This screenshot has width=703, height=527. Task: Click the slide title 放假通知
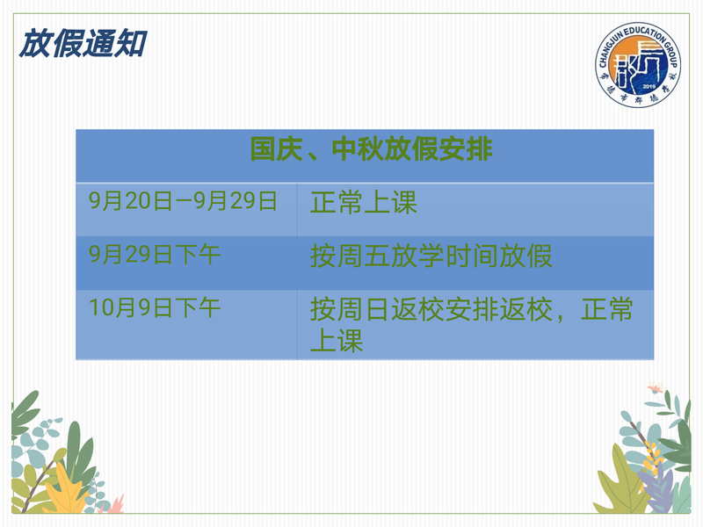pyautogui.click(x=83, y=43)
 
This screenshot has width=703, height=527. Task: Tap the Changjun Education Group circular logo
pyautogui.click(x=638, y=64)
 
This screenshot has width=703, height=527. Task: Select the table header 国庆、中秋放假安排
pyautogui.click(x=371, y=149)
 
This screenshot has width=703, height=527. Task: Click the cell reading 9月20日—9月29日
pyautogui.click(x=183, y=201)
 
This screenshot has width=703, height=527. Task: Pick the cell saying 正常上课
pyautogui.click(x=364, y=203)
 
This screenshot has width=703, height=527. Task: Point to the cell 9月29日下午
pyautogui.click(x=155, y=254)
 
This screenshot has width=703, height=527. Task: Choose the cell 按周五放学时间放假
pyautogui.click(x=431, y=256)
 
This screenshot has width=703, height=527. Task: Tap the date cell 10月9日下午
pyautogui.click(x=155, y=307)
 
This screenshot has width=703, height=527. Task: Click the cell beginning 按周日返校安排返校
pyautogui.click(x=471, y=324)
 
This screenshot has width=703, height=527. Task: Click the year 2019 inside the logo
pyautogui.click(x=649, y=86)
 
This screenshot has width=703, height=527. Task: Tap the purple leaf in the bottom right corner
pyautogui.click(x=656, y=488)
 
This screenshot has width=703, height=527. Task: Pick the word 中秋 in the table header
pyautogui.click(x=359, y=149)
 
